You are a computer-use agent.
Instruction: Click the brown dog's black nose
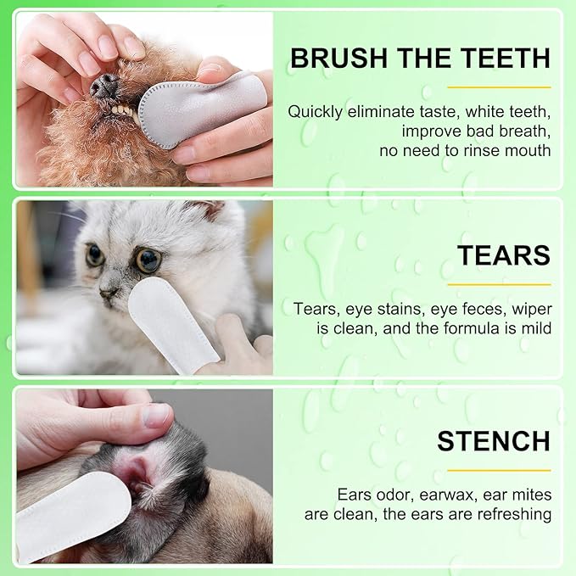pos(106,85)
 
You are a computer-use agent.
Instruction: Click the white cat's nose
pos(109,293)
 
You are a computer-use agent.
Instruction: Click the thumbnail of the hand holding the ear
pos(157,415)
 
